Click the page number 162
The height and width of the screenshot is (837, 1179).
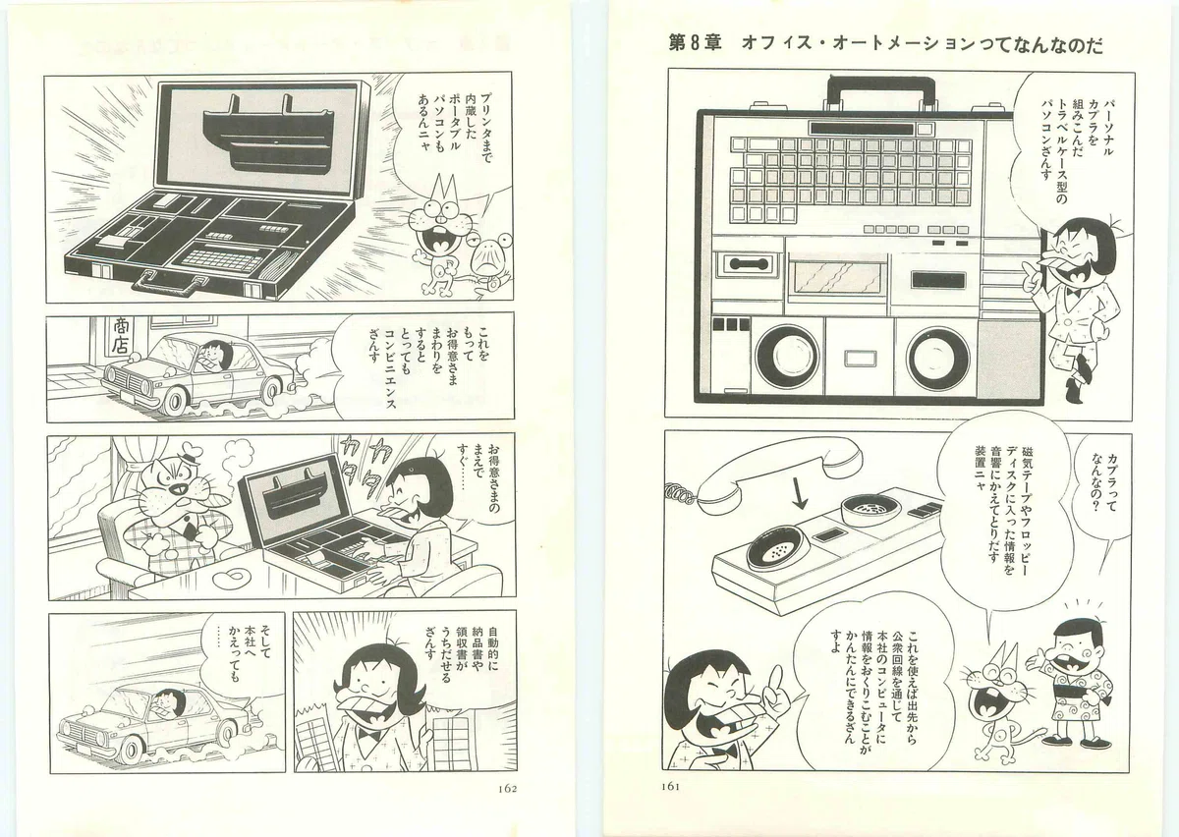click(x=506, y=789)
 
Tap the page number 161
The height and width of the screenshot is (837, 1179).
click(x=670, y=787)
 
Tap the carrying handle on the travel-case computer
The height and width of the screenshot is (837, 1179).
click(x=881, y=93)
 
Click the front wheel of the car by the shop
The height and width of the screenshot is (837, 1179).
click(x=174, y=402)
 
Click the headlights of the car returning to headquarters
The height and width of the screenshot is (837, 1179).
click(x=68, y=731)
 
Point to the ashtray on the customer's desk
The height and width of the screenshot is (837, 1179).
click(x=232, y=577)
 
